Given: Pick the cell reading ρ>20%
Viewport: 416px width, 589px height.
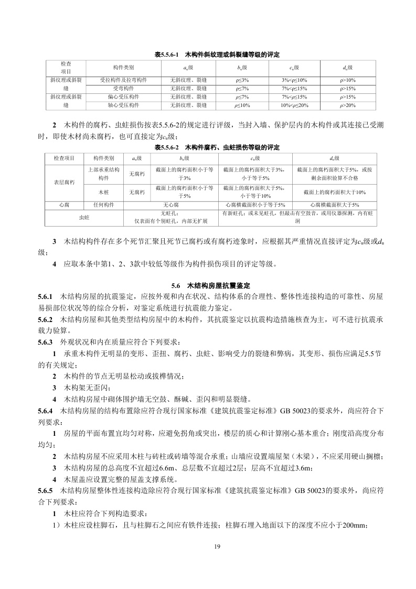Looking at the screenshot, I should point(348,105).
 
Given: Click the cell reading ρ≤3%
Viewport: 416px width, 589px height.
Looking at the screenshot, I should point(243,80).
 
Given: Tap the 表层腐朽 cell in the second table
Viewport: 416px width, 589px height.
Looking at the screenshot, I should point(65,183).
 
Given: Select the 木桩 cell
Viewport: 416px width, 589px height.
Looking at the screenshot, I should point(103,192).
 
